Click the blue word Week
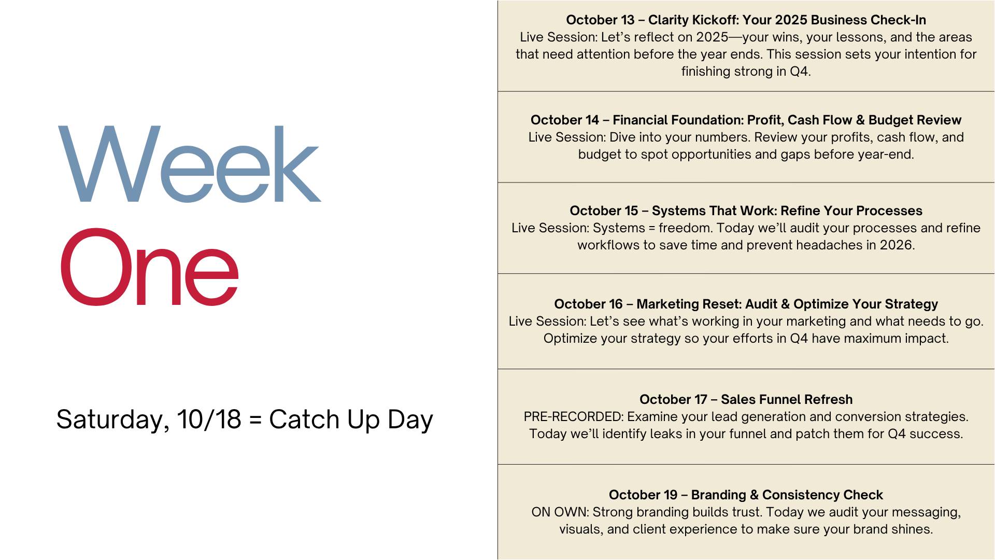[x=190, y=164]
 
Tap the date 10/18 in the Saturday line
[x=209, y=419]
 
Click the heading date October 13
[x=600, y=20]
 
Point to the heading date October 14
[x=565, y=120]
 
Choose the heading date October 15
[x=604, y=211]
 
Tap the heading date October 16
[x=588, y=304]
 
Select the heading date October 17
[x=674, y=399]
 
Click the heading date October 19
[x=643, y=495]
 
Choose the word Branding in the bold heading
[x=717, y=495]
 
